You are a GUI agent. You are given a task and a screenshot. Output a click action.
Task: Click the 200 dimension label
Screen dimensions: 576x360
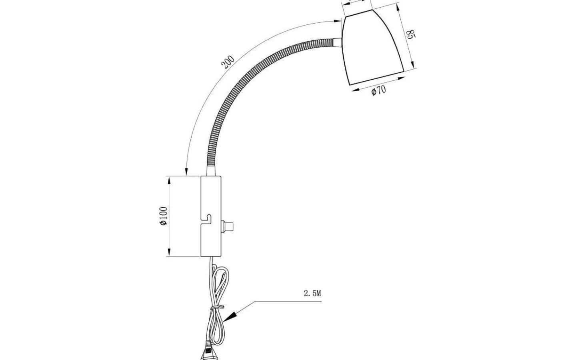click(x=228, y=62)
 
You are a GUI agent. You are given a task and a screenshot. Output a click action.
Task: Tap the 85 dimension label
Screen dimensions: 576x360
click(x=411, y=34)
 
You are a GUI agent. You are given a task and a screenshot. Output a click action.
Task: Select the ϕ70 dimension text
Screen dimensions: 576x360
click(x=379, y=90)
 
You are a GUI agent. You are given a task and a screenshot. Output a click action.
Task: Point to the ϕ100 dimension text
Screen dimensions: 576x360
click(x=164, y=216)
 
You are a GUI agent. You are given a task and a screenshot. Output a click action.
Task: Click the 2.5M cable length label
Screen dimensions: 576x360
click(x=312, y=293)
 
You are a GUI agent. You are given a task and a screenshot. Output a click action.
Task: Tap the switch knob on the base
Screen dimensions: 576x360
click(x=227, y=226)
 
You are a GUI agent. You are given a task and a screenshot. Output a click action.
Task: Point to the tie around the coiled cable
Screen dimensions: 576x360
click(x=217, y=307)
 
